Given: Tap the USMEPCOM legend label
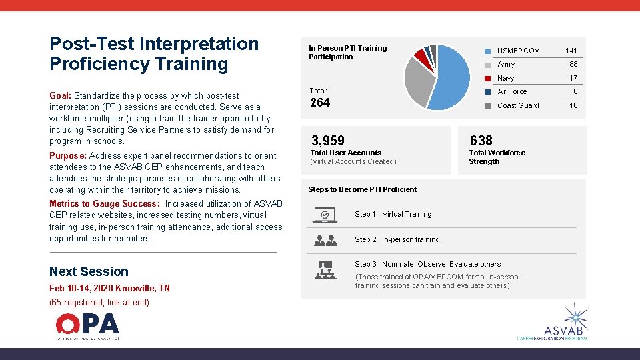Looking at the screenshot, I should tap(519, 51).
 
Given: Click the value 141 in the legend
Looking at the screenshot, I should tap(571, 51).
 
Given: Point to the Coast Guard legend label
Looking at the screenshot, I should tap(518, 105).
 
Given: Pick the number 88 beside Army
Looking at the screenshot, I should tap(573, 65).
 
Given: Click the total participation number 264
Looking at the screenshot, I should tap(321, 103).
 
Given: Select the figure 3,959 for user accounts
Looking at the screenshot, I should tap(328, 141).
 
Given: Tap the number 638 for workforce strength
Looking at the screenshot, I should tap(481, 141).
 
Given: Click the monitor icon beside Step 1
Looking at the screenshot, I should tap(325, 215).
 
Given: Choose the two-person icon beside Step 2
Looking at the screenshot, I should tap(325, 240).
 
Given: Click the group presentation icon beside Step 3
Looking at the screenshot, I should tap(325, 269).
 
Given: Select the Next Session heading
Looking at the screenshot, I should tap(89, 271).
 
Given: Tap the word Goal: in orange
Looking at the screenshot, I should tap(61, 96).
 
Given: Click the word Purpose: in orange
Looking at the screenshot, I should tap(68, 156).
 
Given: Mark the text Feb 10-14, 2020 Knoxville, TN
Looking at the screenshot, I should tap(109, 288).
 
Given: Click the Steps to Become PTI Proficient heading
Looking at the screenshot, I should tap(362, 189).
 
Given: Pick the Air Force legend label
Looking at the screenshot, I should tap(512, 91).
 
